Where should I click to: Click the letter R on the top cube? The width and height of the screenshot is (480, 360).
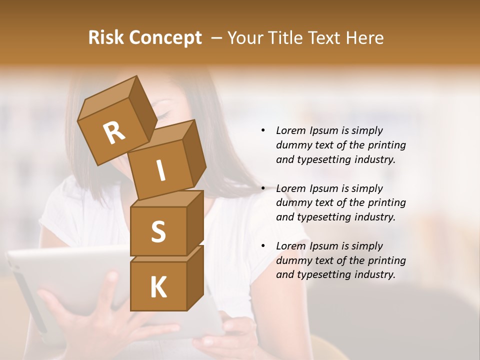[114, 132]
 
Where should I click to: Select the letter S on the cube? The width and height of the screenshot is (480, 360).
[158, 231]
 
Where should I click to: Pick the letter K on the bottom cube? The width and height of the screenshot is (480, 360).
[158, 287]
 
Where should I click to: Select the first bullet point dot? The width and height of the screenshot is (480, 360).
[263, 131]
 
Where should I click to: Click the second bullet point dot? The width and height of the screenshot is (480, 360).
[263, 188]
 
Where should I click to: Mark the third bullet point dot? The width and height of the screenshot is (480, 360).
[263, 246]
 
